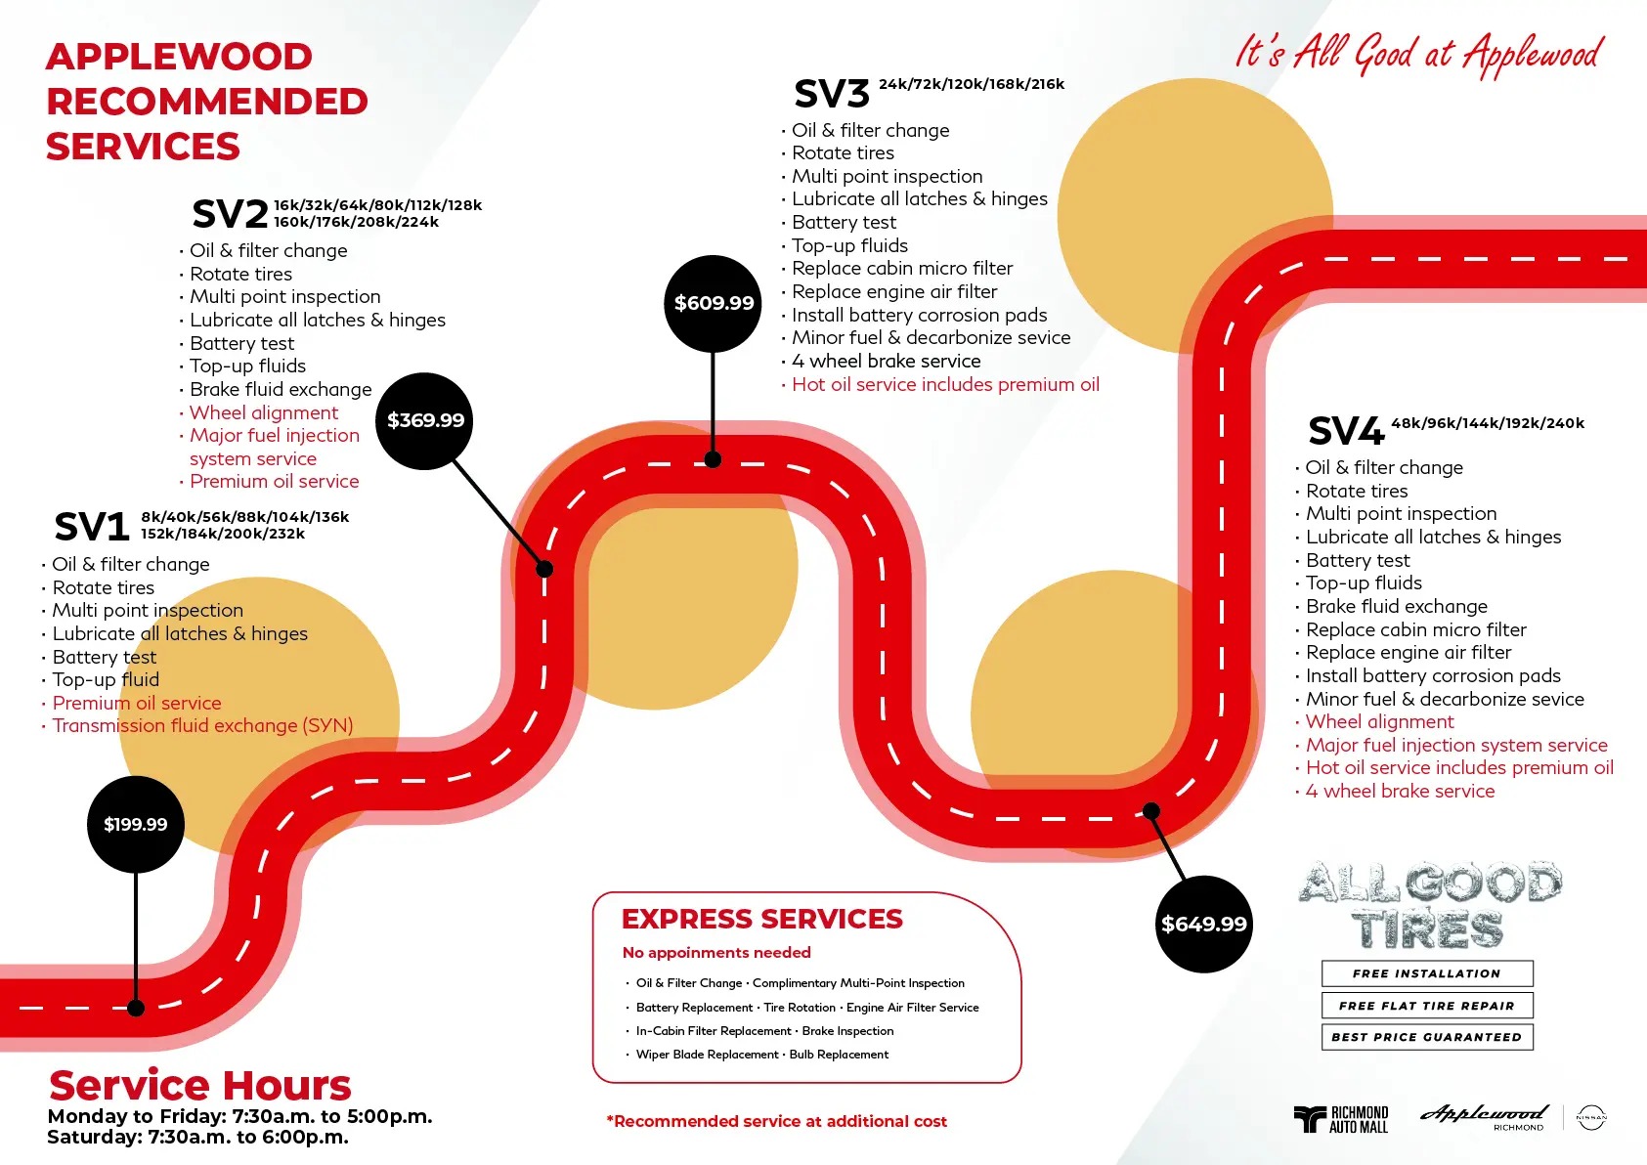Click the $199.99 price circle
[136, 824]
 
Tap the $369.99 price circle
[425, 420]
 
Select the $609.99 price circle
[714, 303]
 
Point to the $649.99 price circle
[1203, 924]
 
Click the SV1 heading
[92, 527]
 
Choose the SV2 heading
[230, 213]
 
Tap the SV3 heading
[832, 94]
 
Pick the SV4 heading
[1346, 431]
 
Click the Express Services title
[762, 919]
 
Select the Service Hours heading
[200, 1085]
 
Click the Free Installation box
[1427, 973]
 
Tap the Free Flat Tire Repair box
[1427, 1006]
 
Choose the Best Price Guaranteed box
[1427, 1037]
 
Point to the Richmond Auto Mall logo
[1341, 1119]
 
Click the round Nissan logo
[1591, 1118]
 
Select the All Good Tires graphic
[1429, 905]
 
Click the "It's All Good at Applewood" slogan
[1419, 54]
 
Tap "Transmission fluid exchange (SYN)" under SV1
[202, 726]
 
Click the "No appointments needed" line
[716, 953]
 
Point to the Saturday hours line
[198, 1138]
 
